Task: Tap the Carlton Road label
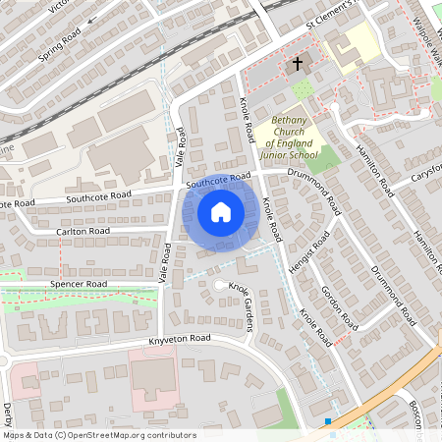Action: (x=84, y=231)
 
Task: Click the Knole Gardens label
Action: (x=242, y=305)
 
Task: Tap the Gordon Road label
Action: (x=336, y=306)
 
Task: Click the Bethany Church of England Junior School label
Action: (x=289, y=137)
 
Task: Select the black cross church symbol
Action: (x=298, y=65)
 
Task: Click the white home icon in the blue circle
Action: (x=221, y=211)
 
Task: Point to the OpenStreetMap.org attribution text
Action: (x=98, y=435)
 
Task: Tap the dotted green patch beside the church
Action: (x=304, y=90)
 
